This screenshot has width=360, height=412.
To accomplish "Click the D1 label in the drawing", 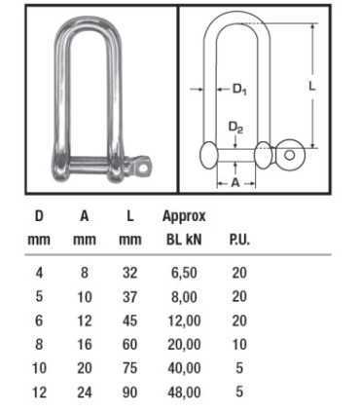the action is (239, 89).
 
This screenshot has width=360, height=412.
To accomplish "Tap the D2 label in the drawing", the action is (235, 128).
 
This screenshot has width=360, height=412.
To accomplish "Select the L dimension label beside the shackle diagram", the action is (311, 86).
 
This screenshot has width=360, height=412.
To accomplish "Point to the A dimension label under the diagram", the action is (235, 183).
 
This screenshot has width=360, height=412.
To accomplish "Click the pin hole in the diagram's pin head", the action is (290, 155).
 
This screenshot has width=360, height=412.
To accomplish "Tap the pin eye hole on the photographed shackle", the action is (142, 168).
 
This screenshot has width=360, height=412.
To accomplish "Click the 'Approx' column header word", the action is (184, 216).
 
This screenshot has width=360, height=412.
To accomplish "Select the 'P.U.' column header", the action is (239, 240).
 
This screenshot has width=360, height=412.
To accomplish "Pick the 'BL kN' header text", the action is (184, 240).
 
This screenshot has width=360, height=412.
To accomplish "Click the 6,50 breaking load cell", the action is (184, 273).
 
